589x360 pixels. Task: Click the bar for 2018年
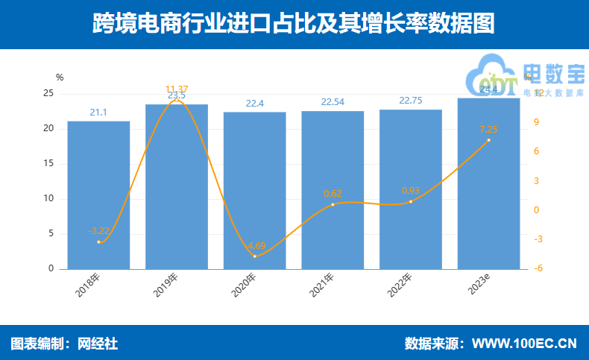click(x=98, y=195)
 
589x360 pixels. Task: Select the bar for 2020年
click(x=254, y=190)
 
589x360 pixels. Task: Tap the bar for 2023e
click(x=488, y=183)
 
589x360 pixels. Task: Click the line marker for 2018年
click(x=98, y=242)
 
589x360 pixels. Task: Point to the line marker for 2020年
click(x=254, y=256)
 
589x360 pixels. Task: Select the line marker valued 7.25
click(x=488, y=140)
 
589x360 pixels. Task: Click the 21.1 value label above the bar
click(x=98, y=113)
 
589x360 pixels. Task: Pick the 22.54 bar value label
click(x=333, y=103)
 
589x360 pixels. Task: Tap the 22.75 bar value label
click(x=410, y=101)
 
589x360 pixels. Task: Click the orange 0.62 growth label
click(x=333, y=194)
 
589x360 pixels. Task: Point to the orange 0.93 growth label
click(x=410, y=191)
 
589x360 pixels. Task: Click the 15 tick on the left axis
click(x=48, y=164)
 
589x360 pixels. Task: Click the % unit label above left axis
click(x=60, y=77)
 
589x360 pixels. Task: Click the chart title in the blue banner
click(x=294, y=24)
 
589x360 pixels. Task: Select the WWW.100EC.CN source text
click(x=525, y=344)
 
